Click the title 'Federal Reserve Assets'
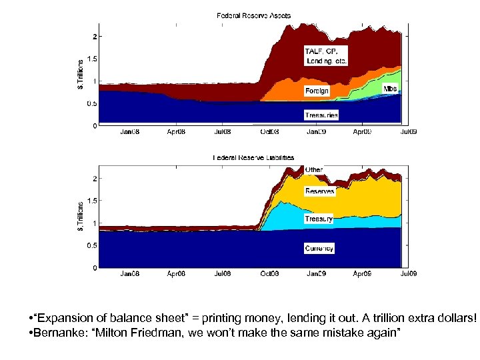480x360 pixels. (x=253, y=15)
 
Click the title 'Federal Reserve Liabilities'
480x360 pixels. (x=253, y=158)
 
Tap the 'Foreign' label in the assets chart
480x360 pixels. (x=317, y=91)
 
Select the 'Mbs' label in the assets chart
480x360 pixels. (x=390, y=89)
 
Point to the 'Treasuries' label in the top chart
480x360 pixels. (x=321, y=115)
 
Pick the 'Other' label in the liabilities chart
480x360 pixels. (x=313, y=170)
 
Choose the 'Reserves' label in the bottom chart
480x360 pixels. (x=319, y=191)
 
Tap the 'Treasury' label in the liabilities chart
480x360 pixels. (x=319, y=219)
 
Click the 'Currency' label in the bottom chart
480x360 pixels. (x=319, y=248)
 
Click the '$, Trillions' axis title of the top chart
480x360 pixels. (x=81, y=71)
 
